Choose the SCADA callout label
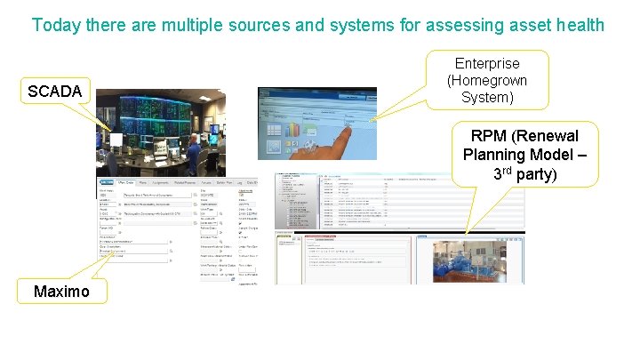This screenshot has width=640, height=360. [x=55, y=92]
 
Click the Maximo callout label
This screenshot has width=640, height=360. [x=60, y=291]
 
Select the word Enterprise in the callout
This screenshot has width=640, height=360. [x=487, y=64]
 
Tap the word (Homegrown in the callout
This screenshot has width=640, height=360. [x=487, y=80]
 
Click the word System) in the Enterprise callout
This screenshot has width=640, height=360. [x=487, y=97]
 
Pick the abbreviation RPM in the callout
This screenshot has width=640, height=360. [x=489, y=136]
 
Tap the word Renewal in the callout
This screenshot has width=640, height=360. [x=545, y=136]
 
